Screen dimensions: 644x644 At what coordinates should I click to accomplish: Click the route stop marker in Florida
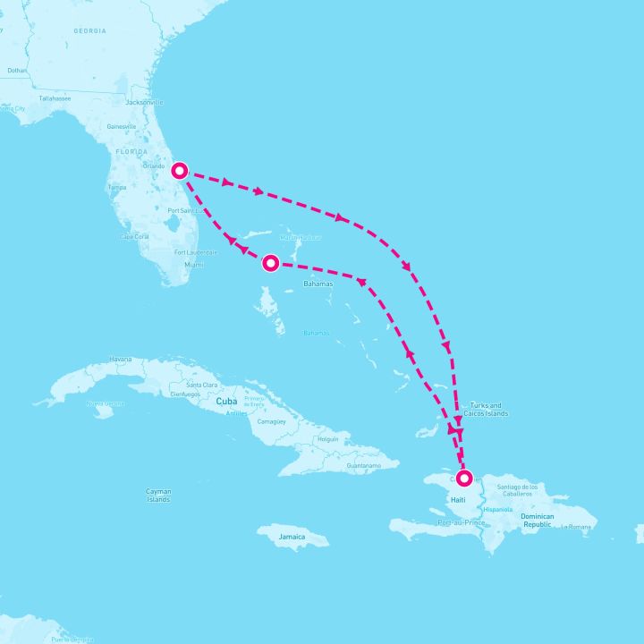tap(180, 170)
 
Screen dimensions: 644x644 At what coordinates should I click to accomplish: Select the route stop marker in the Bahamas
tap(271, 263)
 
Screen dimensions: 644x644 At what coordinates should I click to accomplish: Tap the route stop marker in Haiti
tap(464, 477)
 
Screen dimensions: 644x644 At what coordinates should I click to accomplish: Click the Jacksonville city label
tap(145, 103)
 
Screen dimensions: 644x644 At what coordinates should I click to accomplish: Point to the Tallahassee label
tap(55, 97)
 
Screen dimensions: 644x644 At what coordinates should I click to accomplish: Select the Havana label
tap(120, 360)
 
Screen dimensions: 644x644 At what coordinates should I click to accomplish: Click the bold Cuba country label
tap(225, 402)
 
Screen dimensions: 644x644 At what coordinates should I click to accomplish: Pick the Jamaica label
tap(292, 537)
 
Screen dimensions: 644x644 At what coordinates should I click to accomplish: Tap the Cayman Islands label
tap(158, 495)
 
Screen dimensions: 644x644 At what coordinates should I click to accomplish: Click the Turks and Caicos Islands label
tap(487, 410)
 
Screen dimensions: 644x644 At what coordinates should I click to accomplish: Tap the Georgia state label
tap(90, 30)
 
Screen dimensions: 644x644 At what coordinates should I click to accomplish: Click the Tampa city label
tap(116, 188)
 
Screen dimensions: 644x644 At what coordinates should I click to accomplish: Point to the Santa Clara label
tap(201, 385)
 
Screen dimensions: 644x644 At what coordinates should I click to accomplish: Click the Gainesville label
tap(121, 127)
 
